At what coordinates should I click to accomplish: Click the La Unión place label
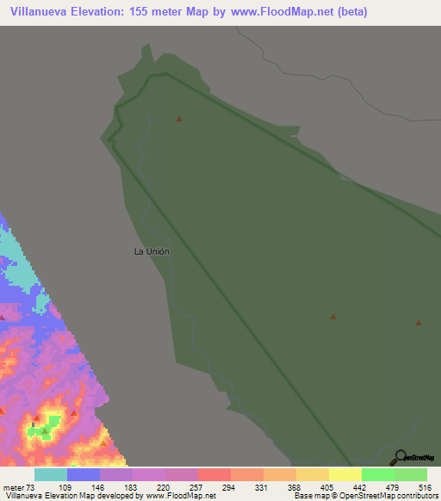click(152, 251)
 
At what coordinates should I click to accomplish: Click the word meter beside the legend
click(14, 488)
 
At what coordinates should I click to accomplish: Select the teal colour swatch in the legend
click(51, 474)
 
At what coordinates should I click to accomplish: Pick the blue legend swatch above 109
click(84, 474)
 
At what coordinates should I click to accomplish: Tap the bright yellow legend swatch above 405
click(345, 474)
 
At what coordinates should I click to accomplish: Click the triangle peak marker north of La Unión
click(179, 118)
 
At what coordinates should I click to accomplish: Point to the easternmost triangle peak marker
click(419, 323)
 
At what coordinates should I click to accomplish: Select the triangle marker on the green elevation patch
click(45, 427)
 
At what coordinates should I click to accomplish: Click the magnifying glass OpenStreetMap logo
click(401, 458)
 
